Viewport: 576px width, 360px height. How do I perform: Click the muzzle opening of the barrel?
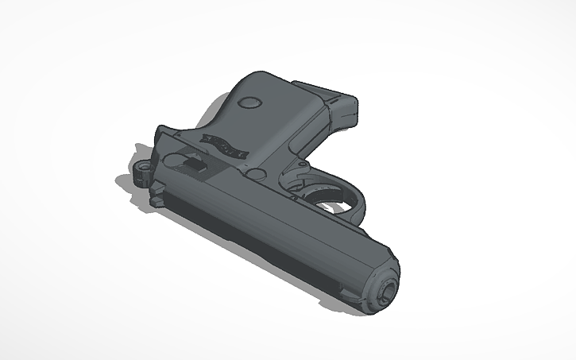[385, 290]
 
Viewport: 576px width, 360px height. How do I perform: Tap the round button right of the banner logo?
[256, 172]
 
